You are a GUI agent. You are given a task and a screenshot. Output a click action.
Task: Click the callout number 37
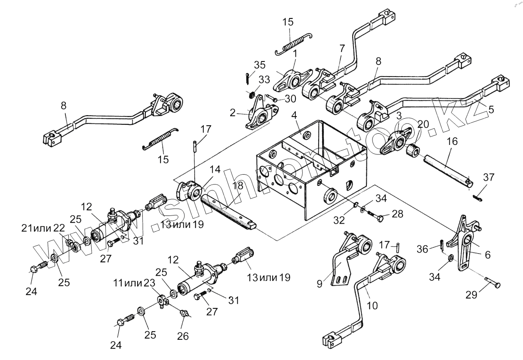[489, 178]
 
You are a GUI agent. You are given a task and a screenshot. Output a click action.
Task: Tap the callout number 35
[260, 65]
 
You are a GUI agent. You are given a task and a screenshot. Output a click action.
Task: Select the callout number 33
[264, 80]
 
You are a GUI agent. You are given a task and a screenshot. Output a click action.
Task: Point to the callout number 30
[290, 99]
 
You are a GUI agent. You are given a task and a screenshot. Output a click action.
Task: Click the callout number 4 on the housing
[294, 116]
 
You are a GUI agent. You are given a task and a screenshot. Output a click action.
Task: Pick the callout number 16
[452, 142]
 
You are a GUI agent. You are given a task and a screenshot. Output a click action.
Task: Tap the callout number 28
[397, 214]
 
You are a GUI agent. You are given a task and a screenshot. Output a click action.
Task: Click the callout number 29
[472, 295]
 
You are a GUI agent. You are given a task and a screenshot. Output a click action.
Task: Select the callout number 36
[423, 249]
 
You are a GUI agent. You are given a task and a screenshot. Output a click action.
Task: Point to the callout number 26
[183, 336]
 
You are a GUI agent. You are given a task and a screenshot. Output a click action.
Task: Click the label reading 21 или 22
[43, 228]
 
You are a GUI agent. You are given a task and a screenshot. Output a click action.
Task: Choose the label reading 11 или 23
[134, 283]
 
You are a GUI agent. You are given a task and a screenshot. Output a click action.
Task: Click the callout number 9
[320, 284]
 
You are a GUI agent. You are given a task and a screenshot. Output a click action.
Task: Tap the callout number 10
[372, 305]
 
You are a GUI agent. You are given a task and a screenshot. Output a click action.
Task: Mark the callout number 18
[238, 186]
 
